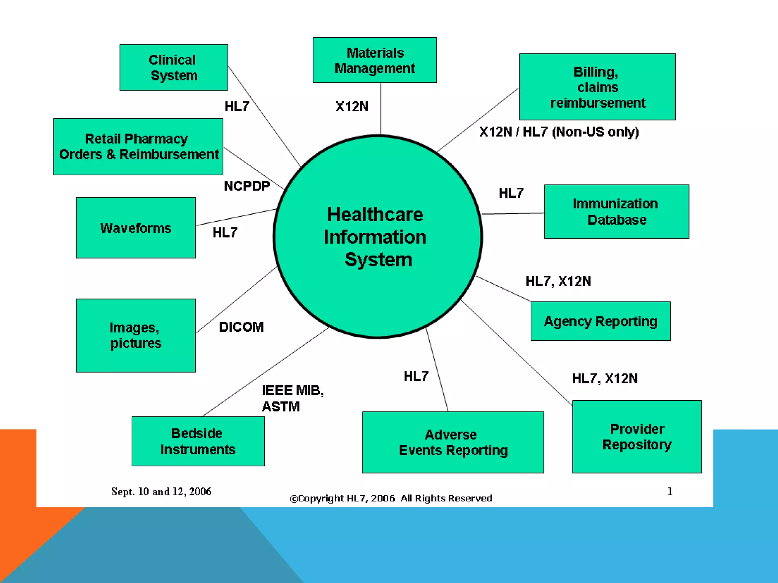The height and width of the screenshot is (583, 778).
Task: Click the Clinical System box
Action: [174, 68]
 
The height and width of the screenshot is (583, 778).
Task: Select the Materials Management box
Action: [375, 60]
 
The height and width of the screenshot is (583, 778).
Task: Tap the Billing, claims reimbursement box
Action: [597, 87]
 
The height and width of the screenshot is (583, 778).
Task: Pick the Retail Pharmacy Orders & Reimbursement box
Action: [138, 147]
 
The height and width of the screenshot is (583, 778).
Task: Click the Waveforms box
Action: [136, 228]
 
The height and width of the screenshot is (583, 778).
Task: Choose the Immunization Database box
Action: [616, 211]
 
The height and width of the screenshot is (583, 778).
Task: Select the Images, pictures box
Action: [136, 336]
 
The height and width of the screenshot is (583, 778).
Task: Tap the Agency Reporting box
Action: [600, 321]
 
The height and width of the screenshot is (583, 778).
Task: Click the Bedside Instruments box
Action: [198, 441]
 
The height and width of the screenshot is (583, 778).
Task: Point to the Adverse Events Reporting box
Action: [453, 442]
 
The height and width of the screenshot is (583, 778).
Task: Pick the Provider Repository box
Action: [637, 436]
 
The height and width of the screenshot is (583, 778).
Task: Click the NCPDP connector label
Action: [247, 186]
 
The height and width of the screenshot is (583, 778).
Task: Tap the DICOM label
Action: [241, 327]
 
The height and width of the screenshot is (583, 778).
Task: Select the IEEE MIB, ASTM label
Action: [293, 398]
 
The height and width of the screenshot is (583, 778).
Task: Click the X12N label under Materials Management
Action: [352, 107]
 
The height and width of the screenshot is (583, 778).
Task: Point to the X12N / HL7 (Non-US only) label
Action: [559, 132]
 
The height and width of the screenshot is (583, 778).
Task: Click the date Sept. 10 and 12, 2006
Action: [161, 492]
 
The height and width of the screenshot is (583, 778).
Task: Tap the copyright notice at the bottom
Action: [391, 498]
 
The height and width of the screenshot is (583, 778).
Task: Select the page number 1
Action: [670, 492]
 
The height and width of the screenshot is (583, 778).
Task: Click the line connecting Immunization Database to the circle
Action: [513, 214]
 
